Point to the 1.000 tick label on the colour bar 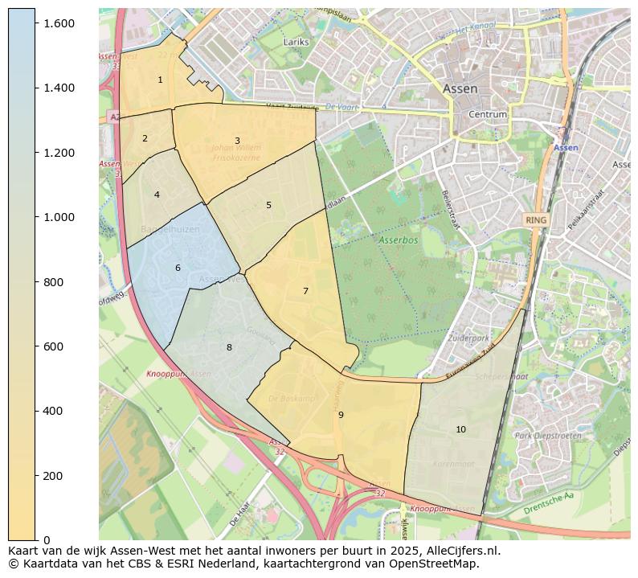[58, 217]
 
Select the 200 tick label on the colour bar [53, 476]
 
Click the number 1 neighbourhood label [160, 80]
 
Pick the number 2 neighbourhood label [145, 138]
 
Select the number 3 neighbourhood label [237, 141]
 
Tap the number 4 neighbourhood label [157, 195]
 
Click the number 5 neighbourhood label [268, 205]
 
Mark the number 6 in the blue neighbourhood [178, 268]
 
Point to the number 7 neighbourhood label [305, 291]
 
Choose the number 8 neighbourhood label [229, 347]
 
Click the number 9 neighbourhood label [341, 415]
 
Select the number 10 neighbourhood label [460, 429]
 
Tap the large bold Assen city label [460, 88]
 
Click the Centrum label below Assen [488, 115]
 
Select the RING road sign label [535, 219]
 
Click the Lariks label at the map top [297, 41]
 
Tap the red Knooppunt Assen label [178, 374]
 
